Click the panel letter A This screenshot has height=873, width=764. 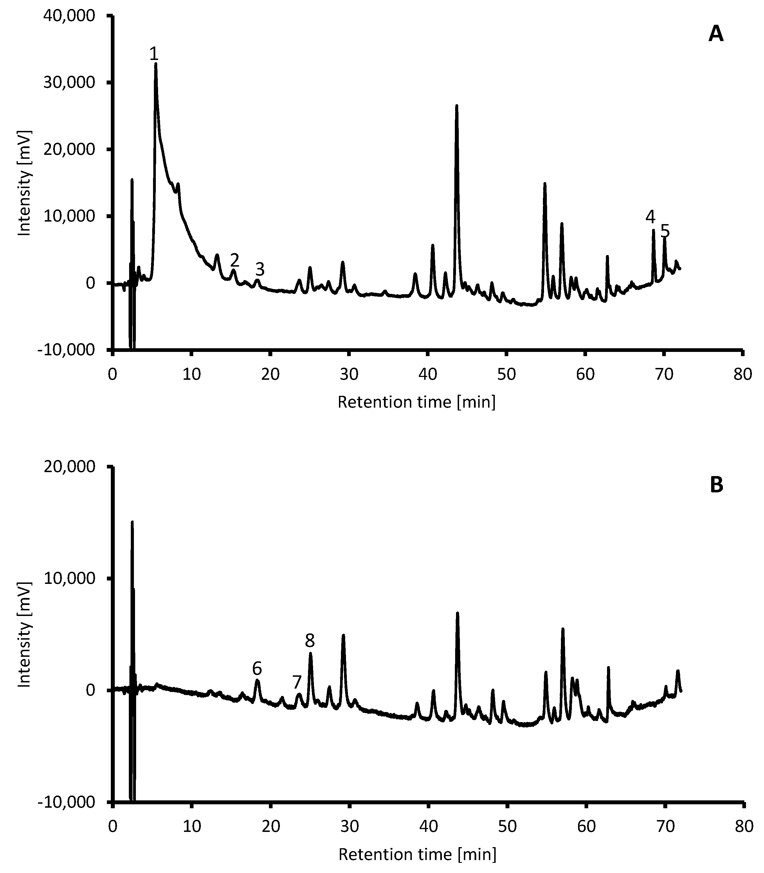click(716, 34)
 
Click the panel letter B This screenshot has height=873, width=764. click(716, 485)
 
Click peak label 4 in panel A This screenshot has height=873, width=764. click(650, 217)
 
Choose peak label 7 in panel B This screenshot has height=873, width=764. click(297, 682)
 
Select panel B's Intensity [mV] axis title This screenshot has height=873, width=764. click(25, 635)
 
